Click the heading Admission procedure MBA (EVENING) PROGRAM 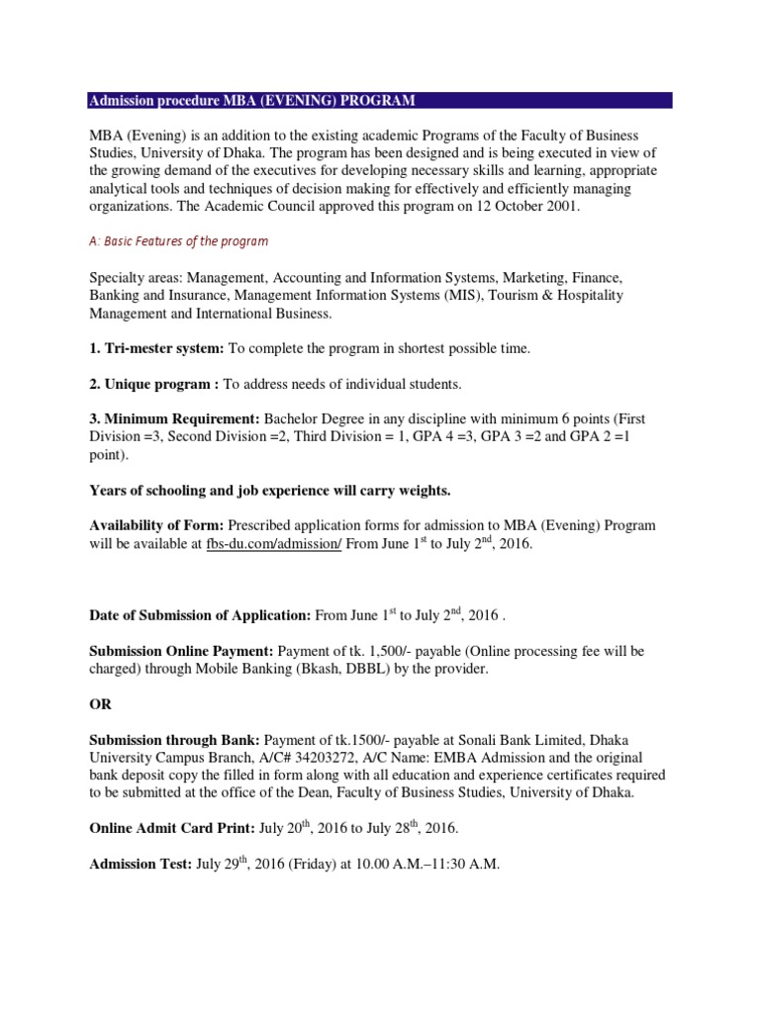click(251, 101)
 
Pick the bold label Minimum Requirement click(174, 419)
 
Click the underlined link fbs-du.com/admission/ click(274, 545)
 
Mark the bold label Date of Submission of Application click(200, 615)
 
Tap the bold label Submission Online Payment click(181, 651)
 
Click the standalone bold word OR click(101, 704)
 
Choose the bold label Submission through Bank click(174, 740)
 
